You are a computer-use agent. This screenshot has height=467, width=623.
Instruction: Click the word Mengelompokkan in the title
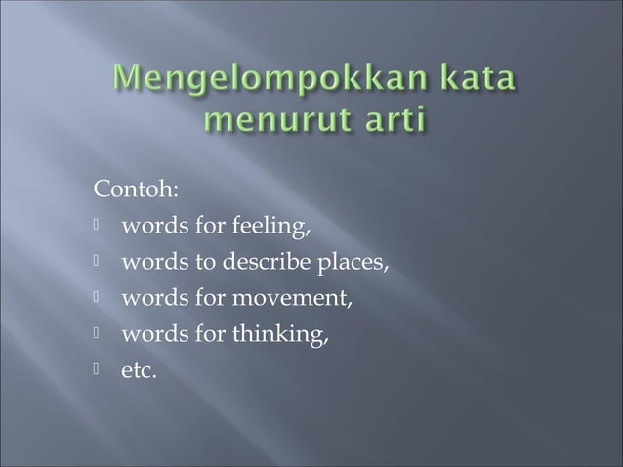271,78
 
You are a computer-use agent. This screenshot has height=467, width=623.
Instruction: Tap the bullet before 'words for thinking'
99,337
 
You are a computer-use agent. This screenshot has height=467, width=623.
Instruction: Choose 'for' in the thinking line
210,337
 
